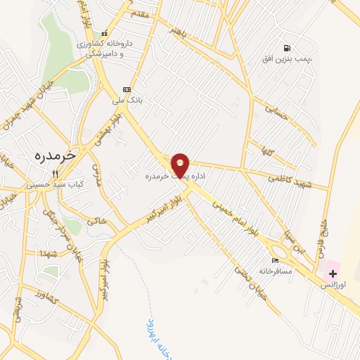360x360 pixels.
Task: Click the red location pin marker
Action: click(180, 164)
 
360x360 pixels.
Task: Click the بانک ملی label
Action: click(129, 101)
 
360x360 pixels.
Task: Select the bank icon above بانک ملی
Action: click(127, 89)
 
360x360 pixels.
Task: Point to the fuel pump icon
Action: click(286, 48)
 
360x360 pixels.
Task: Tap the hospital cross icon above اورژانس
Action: click(332, 272)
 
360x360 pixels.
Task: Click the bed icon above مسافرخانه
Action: click(274, 261)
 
